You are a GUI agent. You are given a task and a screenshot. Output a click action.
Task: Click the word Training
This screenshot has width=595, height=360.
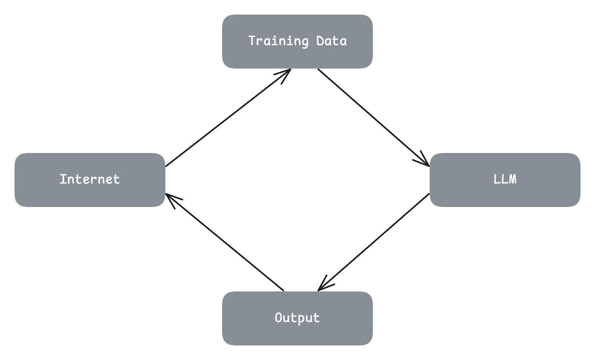(278, 41)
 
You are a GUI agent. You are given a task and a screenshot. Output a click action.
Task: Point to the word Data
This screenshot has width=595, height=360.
(331, 41)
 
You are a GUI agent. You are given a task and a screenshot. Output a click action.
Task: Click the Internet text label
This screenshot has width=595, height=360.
(90, 179)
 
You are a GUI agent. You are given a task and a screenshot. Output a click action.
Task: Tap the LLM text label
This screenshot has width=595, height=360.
(505, 179)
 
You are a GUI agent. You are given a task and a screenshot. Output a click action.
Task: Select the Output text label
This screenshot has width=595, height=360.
(297, 318)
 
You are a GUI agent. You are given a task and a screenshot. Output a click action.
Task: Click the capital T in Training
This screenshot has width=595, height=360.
(252, 40)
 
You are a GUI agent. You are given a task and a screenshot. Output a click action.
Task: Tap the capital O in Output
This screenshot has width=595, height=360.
(278, 317)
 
